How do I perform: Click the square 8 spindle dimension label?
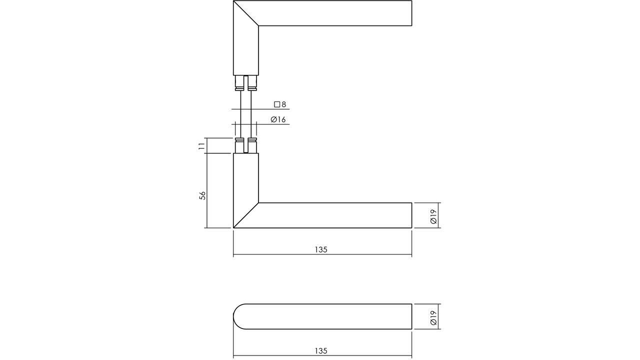pos(280,104)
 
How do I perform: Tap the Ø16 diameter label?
pos(278,119)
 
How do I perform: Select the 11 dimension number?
pos(201,146)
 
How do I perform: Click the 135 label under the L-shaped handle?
pos(321,249)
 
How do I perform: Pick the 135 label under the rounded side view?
pos(321,351)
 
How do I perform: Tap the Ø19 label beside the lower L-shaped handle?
pos(433,216)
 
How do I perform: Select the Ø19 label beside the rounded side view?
pos(433,317)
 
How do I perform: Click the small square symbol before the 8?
pos(277,104)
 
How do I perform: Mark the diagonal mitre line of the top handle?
pos(246,13)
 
